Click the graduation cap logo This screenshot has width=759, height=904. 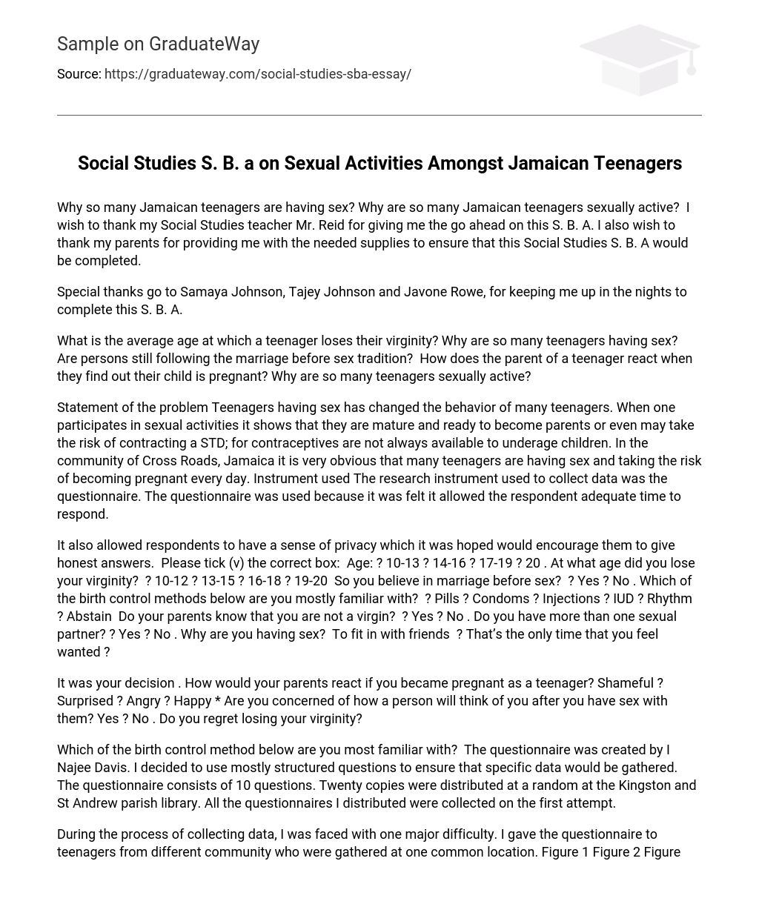(640, 59)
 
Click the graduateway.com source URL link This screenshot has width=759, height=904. (258, 74)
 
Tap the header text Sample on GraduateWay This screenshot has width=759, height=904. (158, 44)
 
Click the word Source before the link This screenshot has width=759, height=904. (79, 74)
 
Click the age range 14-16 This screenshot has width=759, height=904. (445, 563)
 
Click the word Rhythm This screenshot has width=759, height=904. (669, 599)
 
